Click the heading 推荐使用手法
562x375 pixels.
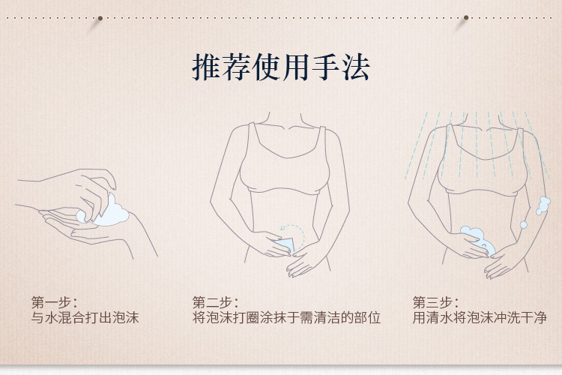281,67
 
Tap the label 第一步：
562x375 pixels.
55,302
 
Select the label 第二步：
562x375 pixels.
215,302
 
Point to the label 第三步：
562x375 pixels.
435,302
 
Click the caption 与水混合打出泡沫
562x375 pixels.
85,318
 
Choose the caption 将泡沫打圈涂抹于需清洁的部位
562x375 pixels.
286,318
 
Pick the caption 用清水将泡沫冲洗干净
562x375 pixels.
480,318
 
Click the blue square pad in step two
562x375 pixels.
285,246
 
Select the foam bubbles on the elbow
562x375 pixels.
543,205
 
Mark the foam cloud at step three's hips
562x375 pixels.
479,239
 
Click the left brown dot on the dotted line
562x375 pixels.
100,18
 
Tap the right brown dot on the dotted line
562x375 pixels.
466,17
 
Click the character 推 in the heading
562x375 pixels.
206,67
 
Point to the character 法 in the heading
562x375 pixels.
356,67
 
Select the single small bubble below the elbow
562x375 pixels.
523,225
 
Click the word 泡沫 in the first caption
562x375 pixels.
125,318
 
